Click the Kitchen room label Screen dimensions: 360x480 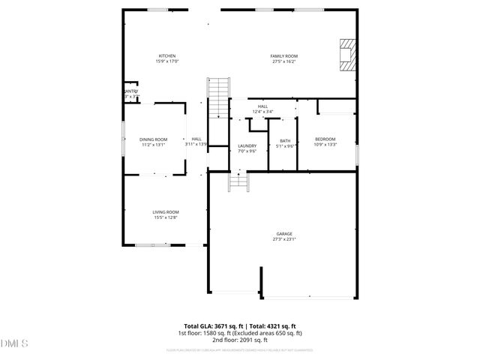point(166,56)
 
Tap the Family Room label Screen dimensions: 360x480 point(284,56)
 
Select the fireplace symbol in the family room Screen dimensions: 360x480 point(346,55)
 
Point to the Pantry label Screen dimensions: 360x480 point(130,91)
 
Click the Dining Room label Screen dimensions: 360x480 point(153,139)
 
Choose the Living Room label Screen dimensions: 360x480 point(166,212)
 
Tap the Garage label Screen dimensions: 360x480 point(283,234)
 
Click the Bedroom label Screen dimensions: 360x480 point(325,139)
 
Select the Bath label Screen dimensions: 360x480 point(285,141)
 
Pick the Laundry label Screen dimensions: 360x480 point(247,145)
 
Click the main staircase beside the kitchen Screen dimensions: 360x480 point(217,97)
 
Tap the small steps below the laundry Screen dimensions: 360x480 point(238,181)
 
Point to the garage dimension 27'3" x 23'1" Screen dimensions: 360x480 point(283,240)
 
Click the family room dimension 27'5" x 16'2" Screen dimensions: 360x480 point(284,61)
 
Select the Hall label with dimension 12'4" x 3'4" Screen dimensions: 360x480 point(262,106)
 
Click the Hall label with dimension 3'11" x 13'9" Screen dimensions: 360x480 point(196,139)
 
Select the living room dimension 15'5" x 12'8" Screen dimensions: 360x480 point(166,217)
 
